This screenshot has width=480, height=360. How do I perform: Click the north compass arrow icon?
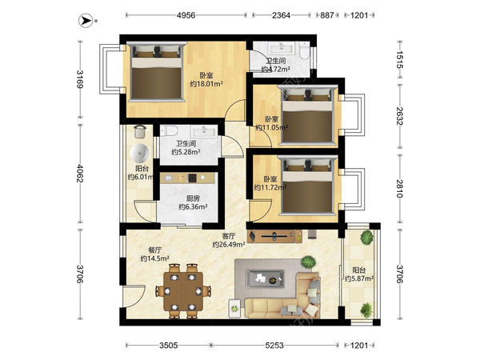(x=86, y=21)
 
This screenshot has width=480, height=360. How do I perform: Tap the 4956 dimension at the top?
(x=186, y=15)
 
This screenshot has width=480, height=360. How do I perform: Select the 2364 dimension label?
(x=281, y=15)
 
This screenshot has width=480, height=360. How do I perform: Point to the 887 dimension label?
(x=327, y=15)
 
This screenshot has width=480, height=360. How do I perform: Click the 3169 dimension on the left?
(x=80, y=79)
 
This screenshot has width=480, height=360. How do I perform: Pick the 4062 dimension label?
(x=80, y=174)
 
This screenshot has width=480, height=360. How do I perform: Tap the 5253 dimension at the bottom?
(x=274, y=346)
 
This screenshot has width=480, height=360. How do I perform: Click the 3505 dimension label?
(x=168, y=346)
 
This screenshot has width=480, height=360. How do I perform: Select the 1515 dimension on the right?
(x=400, y=59)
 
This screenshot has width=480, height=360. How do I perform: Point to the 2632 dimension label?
(x=400, y=116)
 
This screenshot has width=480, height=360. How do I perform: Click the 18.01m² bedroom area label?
(x=206, y=84)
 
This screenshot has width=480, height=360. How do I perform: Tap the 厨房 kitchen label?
(x=193, y=198)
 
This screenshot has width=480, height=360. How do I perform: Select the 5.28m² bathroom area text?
(x=186, y=152)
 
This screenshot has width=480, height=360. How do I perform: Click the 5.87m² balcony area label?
(x=359, y=278)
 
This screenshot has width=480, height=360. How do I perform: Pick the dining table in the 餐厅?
(x=183, y=291)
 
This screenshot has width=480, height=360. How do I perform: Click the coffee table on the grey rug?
(x=265, y=279)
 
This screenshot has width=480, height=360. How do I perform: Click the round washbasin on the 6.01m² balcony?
(x=139, y=153)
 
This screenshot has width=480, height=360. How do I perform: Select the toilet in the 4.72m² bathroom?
(x=304, y=51)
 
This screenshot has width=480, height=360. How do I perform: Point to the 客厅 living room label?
(x=229, y=236)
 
